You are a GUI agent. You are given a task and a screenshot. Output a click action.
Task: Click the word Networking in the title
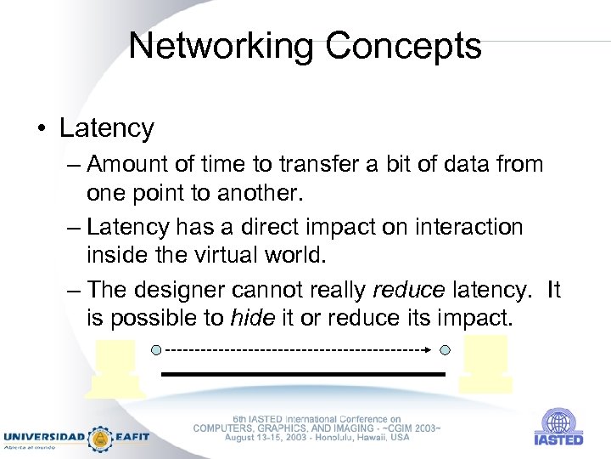[x=215, y=45]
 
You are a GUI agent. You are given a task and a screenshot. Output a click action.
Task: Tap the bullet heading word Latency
[x=107, y=128]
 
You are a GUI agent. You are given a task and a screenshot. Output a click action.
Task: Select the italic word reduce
[x=408, y=289]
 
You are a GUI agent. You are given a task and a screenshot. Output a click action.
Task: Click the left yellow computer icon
[x=116, y=368]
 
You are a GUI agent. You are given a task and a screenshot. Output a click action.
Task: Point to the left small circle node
[x=155, y=349]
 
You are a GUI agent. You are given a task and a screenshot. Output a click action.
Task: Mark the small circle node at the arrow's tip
[x=446, y=349]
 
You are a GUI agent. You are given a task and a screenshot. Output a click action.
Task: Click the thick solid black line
[x=303, y=374]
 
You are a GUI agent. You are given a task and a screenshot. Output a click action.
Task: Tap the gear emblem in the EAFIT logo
[x=101, y=437]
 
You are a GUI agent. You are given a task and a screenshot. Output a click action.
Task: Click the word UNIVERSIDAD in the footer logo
[x=43, y=437]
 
